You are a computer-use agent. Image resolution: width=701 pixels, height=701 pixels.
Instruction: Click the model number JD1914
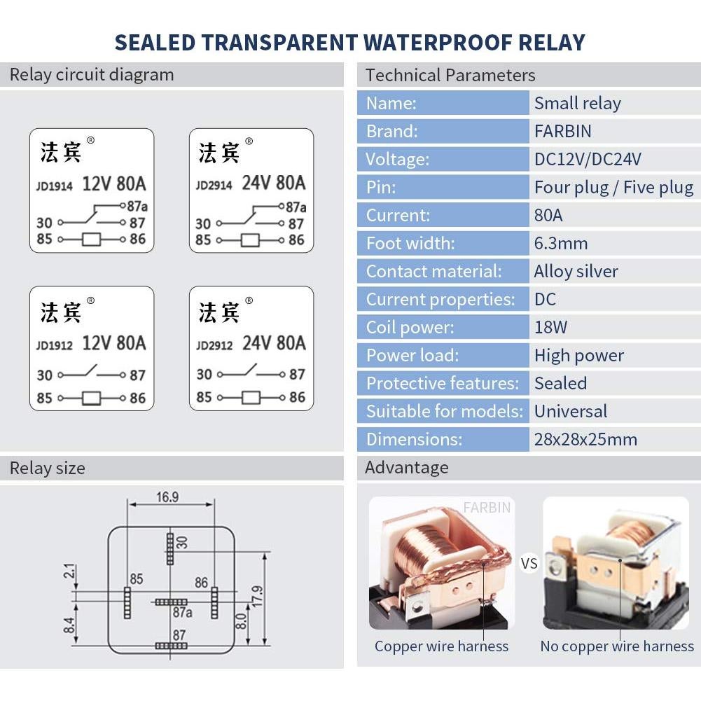(x=54, y=186)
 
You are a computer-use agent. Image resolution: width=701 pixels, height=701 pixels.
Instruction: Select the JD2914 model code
(x=214, y=185)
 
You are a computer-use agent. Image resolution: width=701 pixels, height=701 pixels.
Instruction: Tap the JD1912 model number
(x=54, y=345)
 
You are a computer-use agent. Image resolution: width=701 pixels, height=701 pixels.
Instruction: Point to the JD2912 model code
(x=214, y=345)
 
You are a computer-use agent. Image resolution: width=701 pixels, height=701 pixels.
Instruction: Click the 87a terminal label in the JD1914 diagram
(x=137, y=206)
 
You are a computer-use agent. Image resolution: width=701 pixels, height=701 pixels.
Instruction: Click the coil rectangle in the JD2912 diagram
(x=251, y=398)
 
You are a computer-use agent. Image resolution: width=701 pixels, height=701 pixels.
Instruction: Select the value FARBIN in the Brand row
(x=563, y=132)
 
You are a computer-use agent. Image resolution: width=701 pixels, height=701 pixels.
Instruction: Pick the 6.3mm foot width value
(x=561, y=244)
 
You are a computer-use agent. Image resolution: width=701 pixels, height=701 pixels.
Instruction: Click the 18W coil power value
(x=550, y=327)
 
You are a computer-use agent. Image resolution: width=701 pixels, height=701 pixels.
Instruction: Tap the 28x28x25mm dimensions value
(x=585, y=440)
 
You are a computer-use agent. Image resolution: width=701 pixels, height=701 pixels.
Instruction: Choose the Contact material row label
(x=433, y=272)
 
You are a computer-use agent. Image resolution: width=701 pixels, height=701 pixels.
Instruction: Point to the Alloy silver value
(x=576, y=272)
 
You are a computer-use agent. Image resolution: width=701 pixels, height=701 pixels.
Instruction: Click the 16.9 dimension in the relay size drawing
(x=167, y=497)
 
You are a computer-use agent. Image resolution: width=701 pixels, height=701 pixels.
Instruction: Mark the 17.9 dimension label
(x=258, y=597)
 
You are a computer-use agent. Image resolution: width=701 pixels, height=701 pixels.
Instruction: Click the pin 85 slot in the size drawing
(x=127, y=603)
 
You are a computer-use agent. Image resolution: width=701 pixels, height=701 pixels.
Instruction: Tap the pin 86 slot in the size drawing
(x=214, y=603)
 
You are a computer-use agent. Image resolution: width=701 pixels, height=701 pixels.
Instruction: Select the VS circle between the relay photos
(x=529, y=563)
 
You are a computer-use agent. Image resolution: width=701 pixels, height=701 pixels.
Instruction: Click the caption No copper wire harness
(x=617, y=646)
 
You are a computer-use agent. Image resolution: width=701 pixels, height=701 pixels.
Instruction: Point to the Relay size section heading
(x=48, y=468)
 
